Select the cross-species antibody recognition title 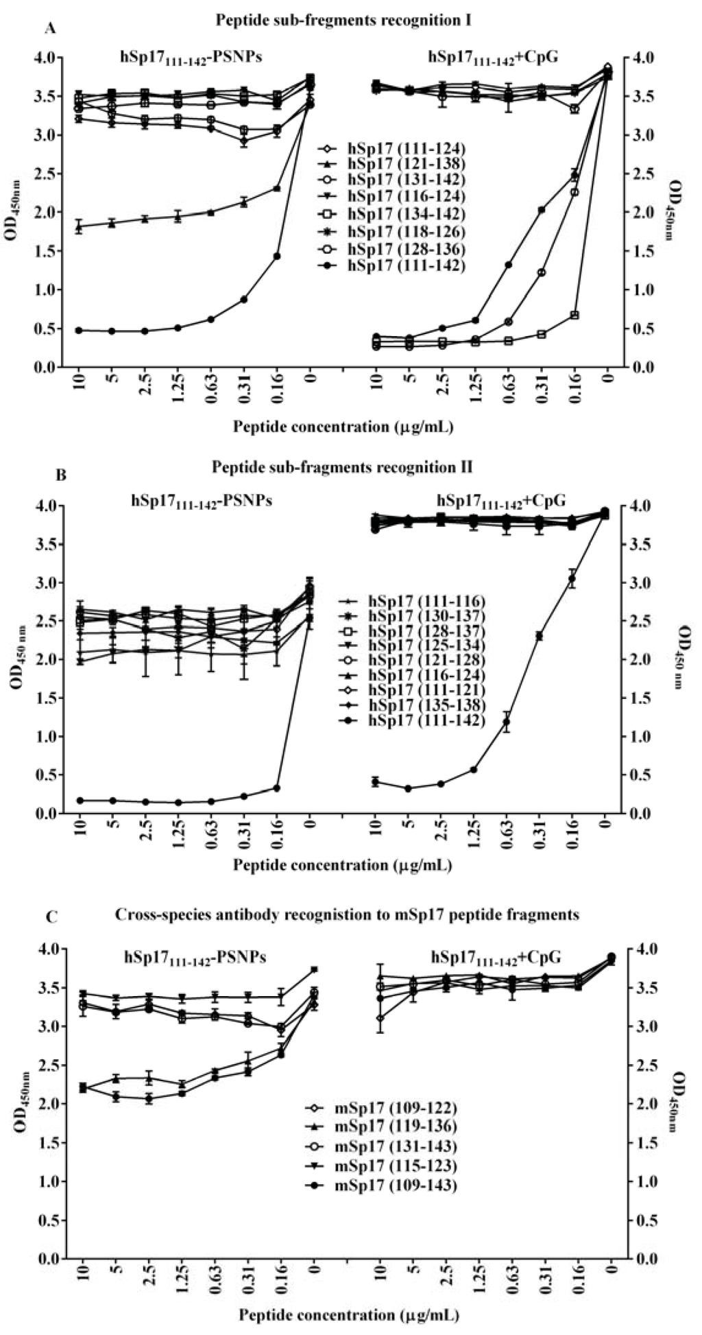348,914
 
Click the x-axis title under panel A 343,427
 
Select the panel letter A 49,28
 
